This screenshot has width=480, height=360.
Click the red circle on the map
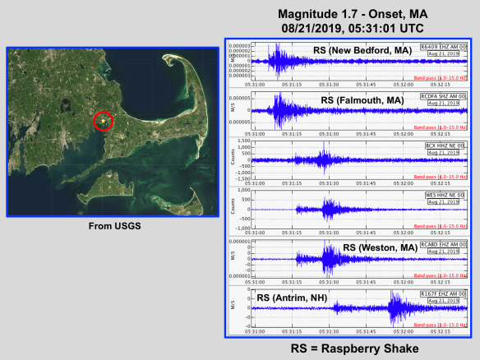pyautogui.click(x=103, y=122)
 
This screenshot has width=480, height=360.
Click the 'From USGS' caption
pyautogui.click(x=111, y=228)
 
